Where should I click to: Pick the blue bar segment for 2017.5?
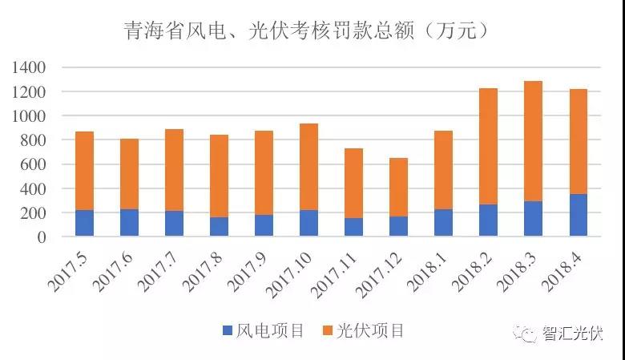coord(84,223)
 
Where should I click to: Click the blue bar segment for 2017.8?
coord(219,226)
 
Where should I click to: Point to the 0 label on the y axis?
coord(45,237)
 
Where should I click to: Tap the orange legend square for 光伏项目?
coord(327,330)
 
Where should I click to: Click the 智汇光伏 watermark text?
coord(572,333)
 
